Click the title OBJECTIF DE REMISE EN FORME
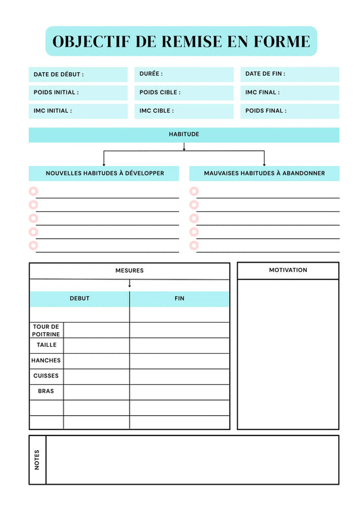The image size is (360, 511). pos(181,41)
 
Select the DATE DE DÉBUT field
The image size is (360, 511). pos(78,74)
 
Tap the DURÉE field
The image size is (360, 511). pos(184,74)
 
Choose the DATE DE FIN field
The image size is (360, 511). pos(290,74)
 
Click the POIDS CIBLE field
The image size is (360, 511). pos(184,92)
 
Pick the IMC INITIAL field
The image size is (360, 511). pos(78,111)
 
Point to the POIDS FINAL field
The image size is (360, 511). pos(290,111)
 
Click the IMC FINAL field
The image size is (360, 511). pos(290,92)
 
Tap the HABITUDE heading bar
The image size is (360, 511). pos(184,135)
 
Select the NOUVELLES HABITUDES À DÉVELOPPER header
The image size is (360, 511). pos(104,173)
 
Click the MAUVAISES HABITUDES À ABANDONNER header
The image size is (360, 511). pos(264,173)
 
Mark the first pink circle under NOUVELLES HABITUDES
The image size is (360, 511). pos(33,191)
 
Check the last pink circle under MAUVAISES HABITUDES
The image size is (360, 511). pos(194,246)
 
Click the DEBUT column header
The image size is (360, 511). pos(80,299)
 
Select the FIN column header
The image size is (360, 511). pos(179,299)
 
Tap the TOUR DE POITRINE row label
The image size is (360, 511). pos(47,330)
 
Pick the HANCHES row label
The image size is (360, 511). pos(46,360)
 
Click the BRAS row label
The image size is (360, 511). pos(46,392)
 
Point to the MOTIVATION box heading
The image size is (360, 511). pos(288,271)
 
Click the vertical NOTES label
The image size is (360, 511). pos(37,460)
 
